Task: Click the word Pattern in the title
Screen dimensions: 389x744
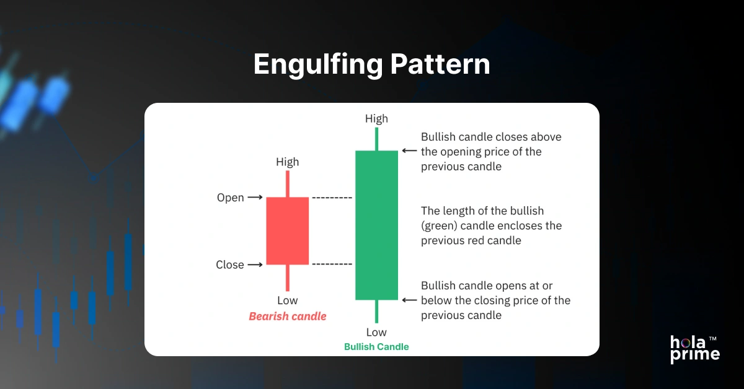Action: [440, 65]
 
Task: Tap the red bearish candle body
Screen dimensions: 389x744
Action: [287, 230]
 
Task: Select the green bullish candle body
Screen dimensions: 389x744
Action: [376, 225]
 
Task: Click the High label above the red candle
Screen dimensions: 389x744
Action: [287, 162]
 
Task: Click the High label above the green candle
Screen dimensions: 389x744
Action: [376, 118]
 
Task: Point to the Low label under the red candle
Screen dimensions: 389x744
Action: [287, 300]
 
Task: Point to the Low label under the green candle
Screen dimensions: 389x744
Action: [376, 332]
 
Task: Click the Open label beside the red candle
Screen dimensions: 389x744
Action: [231, 198]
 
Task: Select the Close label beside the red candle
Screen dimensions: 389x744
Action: [230, 264]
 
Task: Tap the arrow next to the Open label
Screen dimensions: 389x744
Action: [255, 198]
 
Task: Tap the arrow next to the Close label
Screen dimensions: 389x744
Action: [255, 264]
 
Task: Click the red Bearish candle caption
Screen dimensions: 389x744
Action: [287, 317]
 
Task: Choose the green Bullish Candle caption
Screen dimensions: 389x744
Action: [376, 347]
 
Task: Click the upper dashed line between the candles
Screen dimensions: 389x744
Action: [332, 198]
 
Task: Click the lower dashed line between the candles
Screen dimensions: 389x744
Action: [332, 264]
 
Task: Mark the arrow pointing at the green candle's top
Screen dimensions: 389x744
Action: [409, 151]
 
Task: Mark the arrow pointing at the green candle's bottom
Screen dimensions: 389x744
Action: [409, 300]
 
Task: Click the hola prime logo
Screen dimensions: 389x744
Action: [694, 349]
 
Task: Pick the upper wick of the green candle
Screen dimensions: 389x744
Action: [376, 139]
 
